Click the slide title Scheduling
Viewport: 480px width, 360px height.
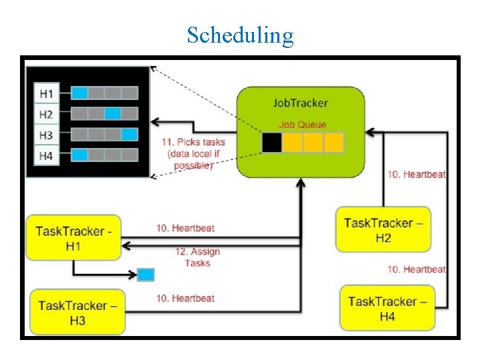[240, 35]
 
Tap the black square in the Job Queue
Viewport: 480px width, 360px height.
[271, 143]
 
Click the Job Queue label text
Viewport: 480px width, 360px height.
[302, 125]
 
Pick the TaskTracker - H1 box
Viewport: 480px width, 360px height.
[73, 238]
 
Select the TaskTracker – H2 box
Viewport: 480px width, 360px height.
[383, 229]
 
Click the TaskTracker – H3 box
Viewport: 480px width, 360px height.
[77, 312]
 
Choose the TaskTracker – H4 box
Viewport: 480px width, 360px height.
[387, 308]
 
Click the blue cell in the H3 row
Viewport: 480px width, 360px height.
[129, 134]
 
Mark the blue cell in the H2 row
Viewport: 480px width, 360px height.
[113, 113]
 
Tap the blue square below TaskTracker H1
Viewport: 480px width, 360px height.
[145, 274]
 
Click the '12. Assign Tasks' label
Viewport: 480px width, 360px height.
[197, 257]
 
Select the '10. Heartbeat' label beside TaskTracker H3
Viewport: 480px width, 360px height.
[185, 298]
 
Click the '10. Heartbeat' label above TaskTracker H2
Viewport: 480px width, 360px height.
[417, 174]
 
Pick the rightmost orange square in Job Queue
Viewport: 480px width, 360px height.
[333, 143]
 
